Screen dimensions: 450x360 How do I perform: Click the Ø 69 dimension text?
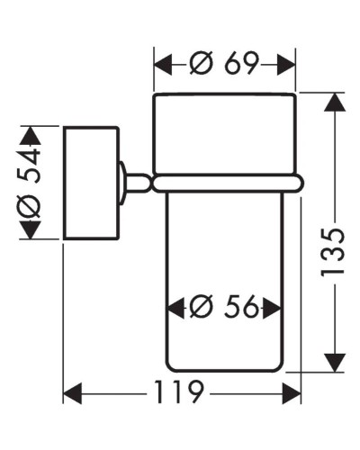coord(225,63)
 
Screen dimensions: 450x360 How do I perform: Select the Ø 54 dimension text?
coord(31,183)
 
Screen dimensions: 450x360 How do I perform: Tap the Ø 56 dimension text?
coord(225,308)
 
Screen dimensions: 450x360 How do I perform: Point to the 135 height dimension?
coord(334,251)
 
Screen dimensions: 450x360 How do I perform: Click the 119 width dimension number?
coord(180,393)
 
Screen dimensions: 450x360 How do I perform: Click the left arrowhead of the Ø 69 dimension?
coord(162,64)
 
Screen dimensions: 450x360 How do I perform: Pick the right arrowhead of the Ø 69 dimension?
coord(288,64)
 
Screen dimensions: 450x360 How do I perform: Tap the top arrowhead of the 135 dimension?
coord(335,101)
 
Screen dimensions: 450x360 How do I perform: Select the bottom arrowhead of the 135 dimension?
coord(335,365)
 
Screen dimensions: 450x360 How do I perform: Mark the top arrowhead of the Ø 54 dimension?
coord(31,135)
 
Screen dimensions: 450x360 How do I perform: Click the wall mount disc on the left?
coord(90,183)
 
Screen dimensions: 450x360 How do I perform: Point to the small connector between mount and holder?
coord(134,183)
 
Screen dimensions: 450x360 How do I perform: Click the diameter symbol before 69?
coord(201,63)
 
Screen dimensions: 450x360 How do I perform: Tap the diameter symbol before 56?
coord(201,308)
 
